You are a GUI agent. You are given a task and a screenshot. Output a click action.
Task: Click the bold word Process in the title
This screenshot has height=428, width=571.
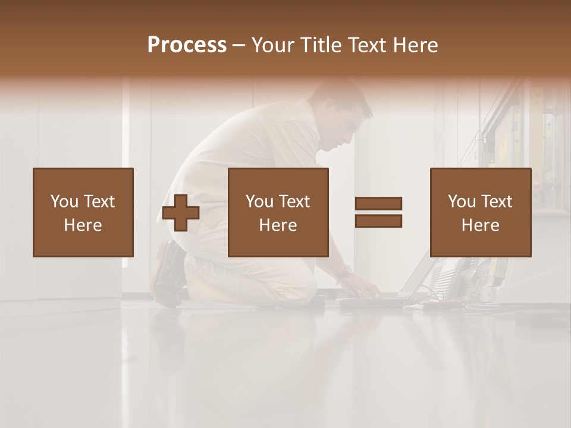coord(187,45)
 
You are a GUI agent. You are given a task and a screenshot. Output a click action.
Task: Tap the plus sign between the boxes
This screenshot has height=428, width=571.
coord(181,213)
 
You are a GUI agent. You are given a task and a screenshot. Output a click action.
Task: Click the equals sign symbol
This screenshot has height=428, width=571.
coord(378,212)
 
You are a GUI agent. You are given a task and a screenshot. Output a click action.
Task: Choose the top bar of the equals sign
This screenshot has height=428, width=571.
coord(378,204)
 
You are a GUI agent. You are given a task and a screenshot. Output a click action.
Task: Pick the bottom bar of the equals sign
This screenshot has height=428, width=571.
coord(378,221)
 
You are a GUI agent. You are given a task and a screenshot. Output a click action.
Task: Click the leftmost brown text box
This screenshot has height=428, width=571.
coord(83,212)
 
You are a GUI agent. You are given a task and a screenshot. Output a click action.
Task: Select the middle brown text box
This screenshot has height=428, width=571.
coord(278,212)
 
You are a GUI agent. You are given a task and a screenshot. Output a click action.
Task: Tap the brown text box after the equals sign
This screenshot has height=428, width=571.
coord(480,212)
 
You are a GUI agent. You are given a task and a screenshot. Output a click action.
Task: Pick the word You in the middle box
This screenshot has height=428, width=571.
coord(259,202)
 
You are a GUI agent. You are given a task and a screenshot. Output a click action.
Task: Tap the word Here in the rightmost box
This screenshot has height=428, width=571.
coord(480,225)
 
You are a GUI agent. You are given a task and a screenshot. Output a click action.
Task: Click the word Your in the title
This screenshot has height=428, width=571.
coord(273,45)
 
